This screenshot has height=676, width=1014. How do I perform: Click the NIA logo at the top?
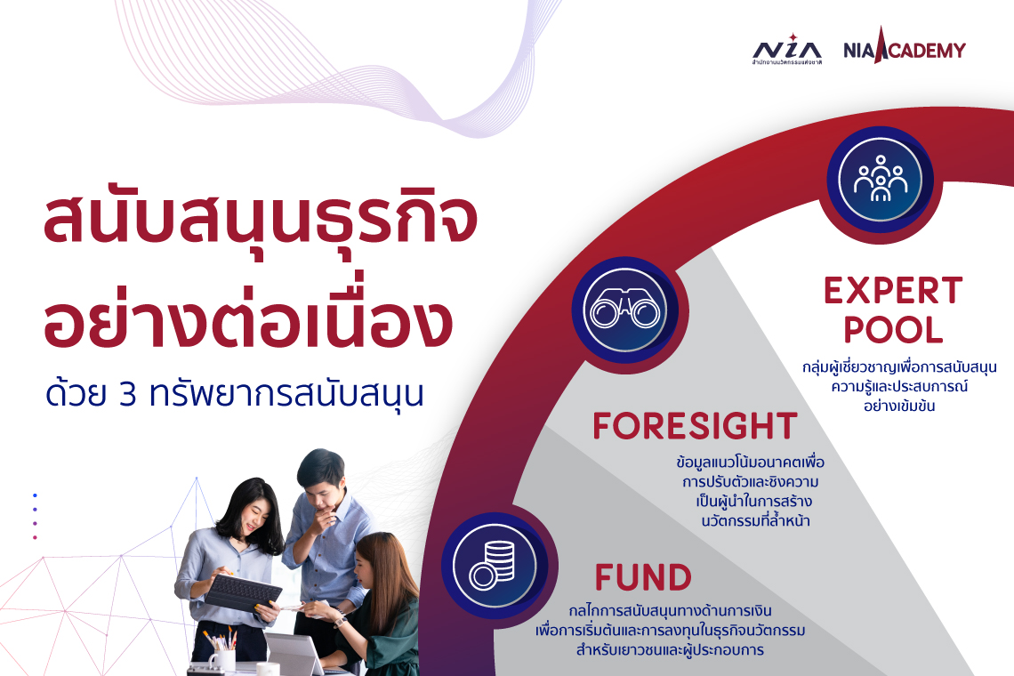coord(786,52)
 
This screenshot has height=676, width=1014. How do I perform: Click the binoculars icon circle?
coord(624,310)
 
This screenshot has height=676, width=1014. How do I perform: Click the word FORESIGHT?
coord(695,427)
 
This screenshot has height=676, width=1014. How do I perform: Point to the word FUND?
coord(643,578)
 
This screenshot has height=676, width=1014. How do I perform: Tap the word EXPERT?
coord(893,291)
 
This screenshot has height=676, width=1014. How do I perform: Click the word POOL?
coord(893,331)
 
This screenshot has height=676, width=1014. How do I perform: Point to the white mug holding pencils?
coord(222,658)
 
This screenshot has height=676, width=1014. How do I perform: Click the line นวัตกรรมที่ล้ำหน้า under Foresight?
coord(754,520)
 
